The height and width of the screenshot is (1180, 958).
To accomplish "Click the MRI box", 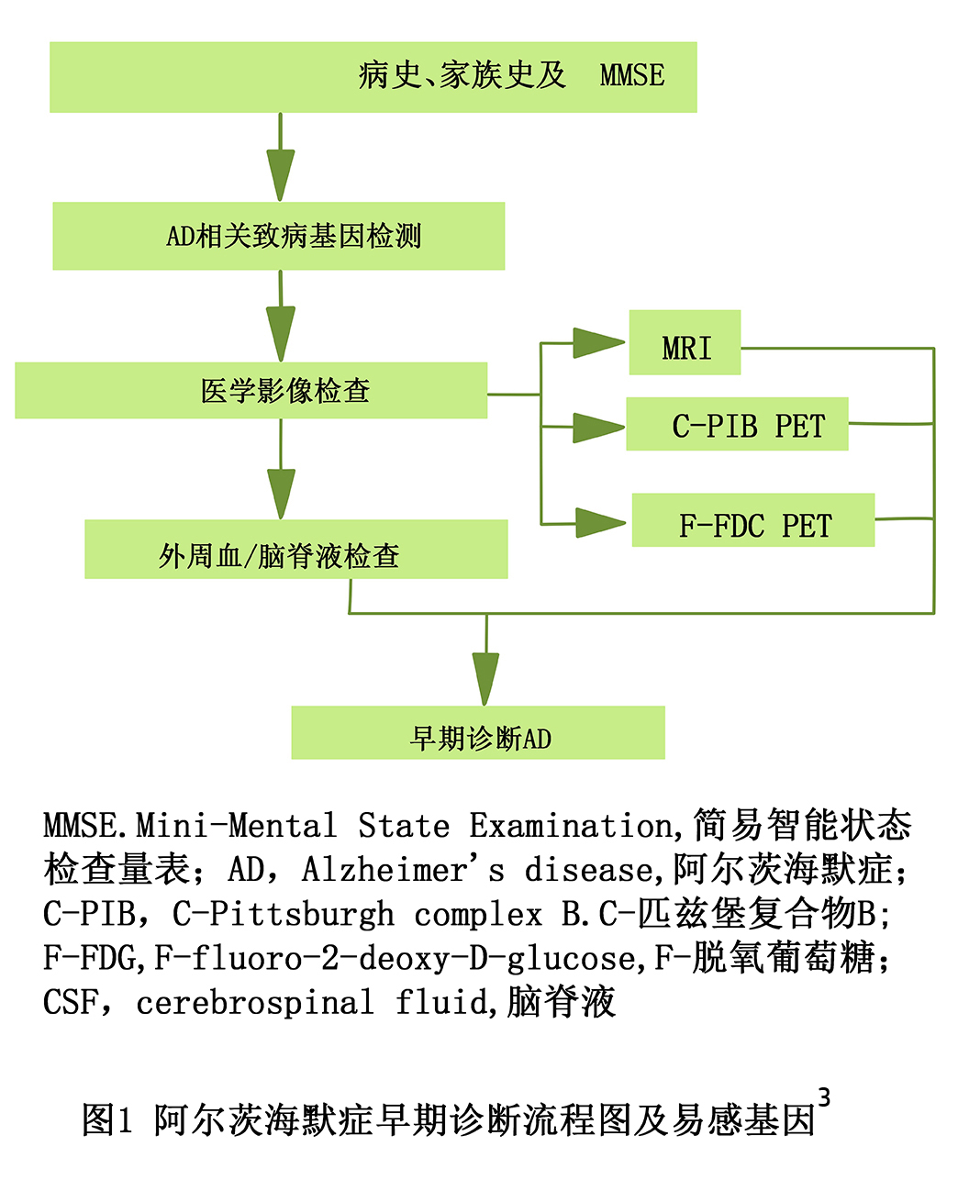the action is tap(685, 342).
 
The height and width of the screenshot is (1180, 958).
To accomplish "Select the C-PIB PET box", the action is tap(737, 424).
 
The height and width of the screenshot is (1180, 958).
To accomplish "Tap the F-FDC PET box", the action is tap(753, 519).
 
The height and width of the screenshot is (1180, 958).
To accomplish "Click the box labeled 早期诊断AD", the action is tap(478, 732).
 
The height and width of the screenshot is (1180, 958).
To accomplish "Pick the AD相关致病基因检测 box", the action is tap(279, 236).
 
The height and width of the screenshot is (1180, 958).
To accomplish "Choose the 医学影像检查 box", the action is tap(251, 390).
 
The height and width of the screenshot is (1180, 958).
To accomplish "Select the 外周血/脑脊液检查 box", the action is tap(295, 549).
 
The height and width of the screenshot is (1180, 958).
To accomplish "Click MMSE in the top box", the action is tap(632, 75).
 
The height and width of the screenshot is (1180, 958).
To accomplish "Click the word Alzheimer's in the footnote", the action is tap(403, 869).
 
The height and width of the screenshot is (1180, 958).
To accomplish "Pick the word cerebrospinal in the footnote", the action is tap(255, 1003).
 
